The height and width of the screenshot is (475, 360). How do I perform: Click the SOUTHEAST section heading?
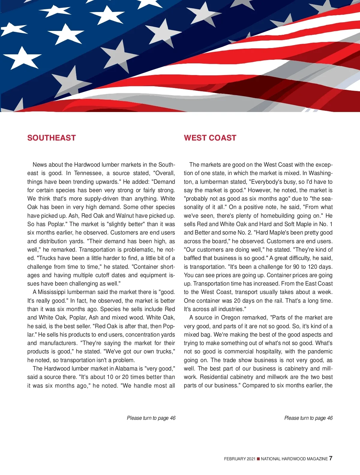[51, 138]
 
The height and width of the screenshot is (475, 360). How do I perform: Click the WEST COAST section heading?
[210, 138]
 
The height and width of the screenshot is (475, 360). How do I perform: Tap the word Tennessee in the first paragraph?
[88, 173]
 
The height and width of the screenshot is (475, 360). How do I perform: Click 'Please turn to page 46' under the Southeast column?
[151, 418]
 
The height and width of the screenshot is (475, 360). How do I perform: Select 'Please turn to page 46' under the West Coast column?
[308, 418]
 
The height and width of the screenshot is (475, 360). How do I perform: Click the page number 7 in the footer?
[331, 458]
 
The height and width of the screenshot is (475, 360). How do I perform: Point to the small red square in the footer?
[258, 459]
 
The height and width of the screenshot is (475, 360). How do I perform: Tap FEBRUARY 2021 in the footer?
[239, 459]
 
